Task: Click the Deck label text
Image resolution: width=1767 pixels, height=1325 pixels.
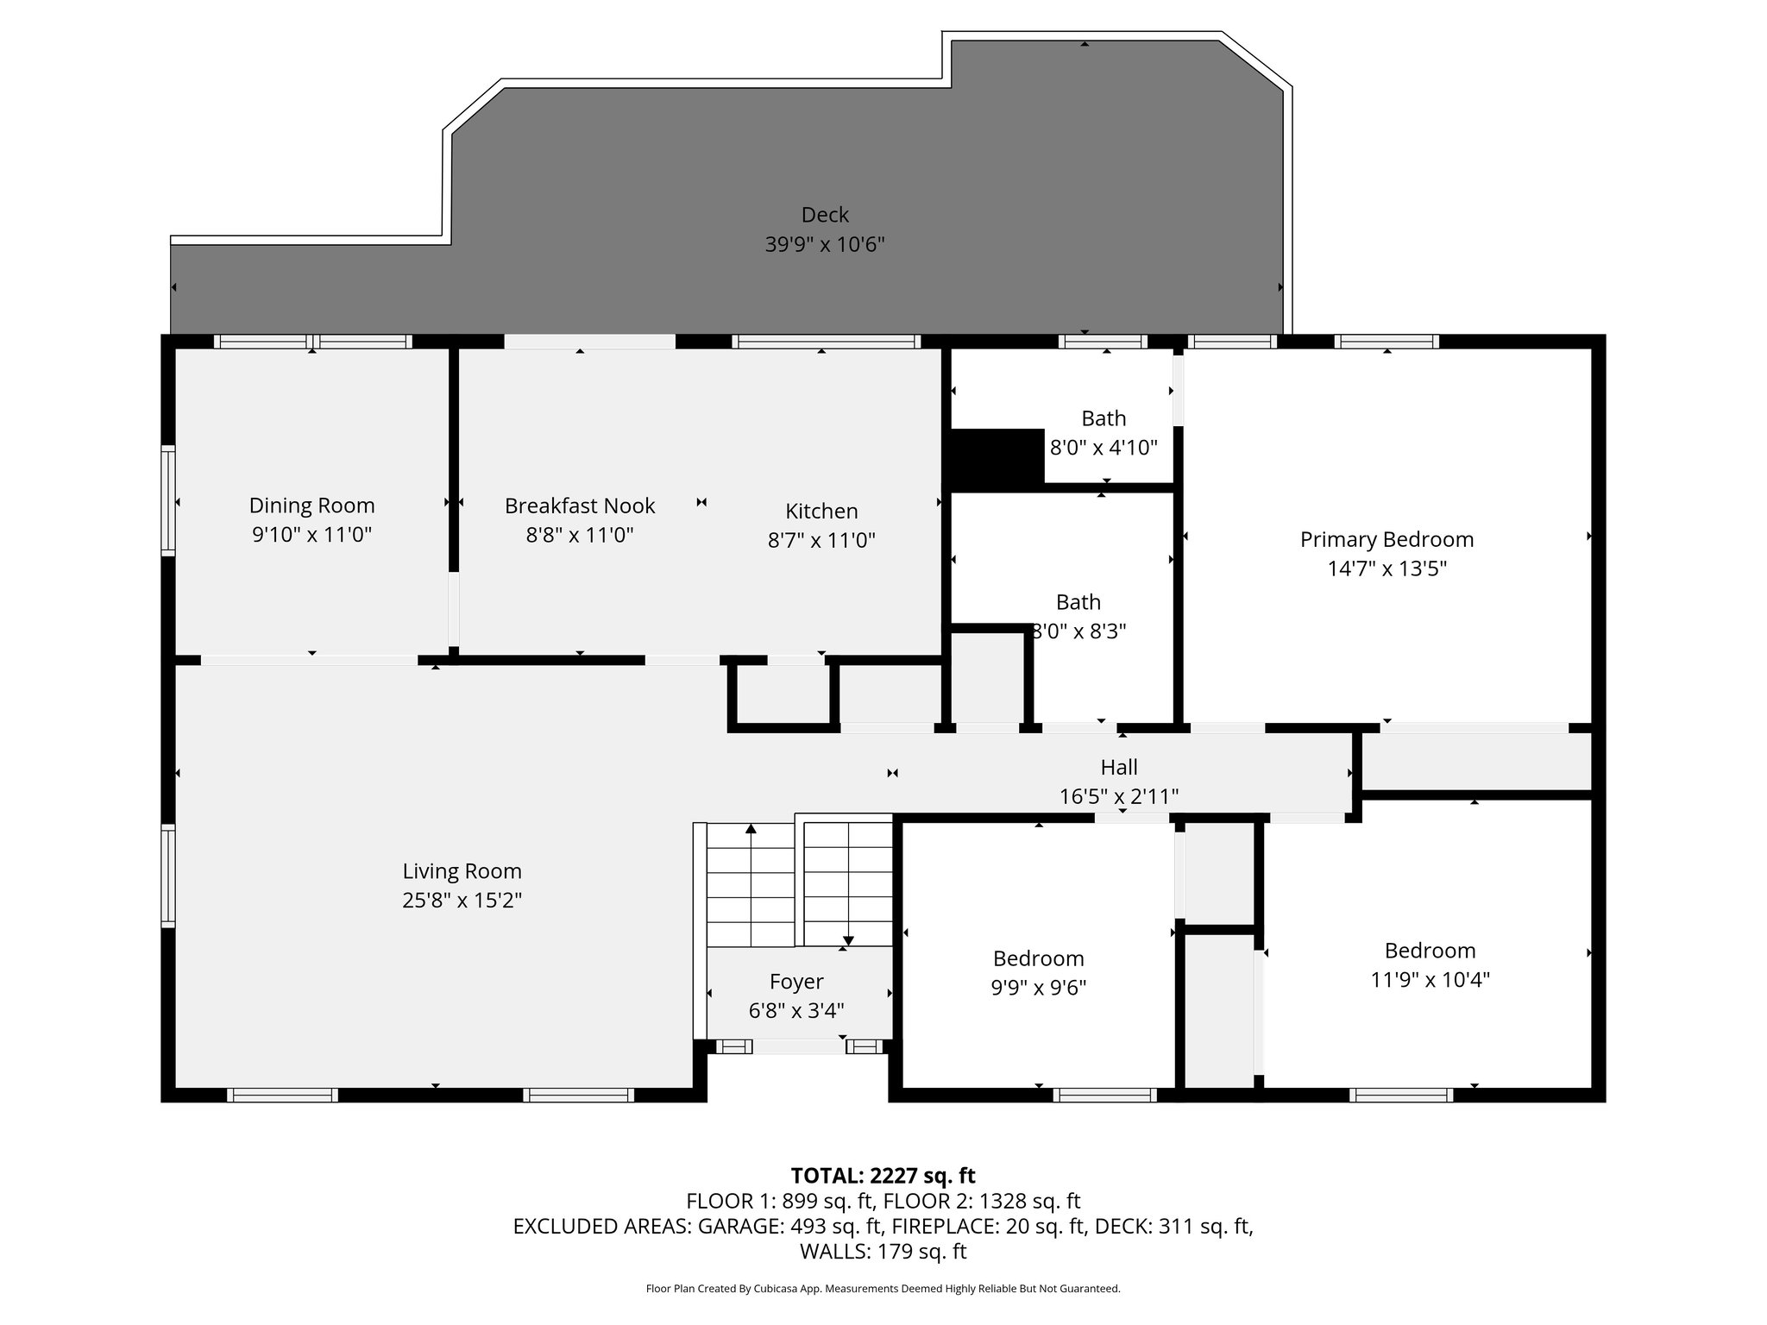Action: click(825, 215)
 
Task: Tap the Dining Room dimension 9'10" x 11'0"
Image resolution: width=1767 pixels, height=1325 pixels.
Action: click(311, 535)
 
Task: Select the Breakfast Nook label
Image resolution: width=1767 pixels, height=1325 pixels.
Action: click(580, 506)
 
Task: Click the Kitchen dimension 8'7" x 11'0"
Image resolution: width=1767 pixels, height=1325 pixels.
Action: click(821, 541)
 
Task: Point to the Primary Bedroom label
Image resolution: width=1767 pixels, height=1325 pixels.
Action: click(1387, 540)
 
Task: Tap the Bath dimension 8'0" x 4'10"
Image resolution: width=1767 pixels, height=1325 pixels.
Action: click(1104, 448)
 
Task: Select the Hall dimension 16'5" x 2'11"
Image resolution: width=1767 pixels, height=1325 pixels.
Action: click(1119, 796)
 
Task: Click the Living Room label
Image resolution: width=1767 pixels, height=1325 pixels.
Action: click(462, 871)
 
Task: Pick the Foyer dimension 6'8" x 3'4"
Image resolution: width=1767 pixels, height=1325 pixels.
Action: click(796, 1010)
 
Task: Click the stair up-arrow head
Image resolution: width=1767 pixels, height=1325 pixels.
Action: click(751, 829)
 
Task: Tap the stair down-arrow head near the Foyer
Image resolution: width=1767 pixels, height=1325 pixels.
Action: click(848, 941)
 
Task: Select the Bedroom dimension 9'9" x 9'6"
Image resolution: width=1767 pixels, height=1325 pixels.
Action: click(1038, 988)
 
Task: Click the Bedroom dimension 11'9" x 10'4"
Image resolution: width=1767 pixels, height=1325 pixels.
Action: click(1430, 980)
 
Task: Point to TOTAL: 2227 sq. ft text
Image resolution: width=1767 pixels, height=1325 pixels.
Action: click(883, 1176)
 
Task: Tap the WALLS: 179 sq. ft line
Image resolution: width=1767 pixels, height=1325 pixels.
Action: click(883, 1252)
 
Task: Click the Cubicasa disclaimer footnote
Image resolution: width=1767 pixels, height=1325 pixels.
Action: click(883, 1289)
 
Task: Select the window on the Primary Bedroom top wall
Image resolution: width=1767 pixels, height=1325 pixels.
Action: click(1386, 342)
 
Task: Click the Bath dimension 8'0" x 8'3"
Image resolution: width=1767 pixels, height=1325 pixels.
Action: click(1079, 631)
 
